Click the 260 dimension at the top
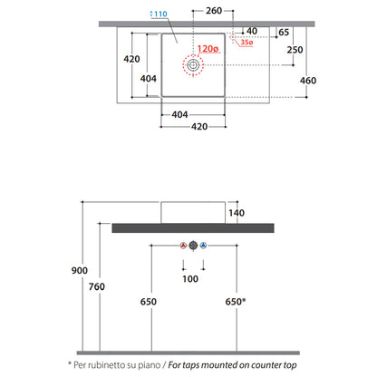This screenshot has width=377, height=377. [x=214, y=11]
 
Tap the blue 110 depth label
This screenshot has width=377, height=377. [x=159, y=14]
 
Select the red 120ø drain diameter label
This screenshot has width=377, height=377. [x=208, y=49]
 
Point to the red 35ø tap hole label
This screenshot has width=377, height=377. [x=246, y=43]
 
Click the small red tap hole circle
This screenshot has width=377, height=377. [x=233, y=37]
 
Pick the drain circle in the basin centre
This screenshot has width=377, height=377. [x=193, y=65]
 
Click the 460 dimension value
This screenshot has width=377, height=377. [x=308, y=81]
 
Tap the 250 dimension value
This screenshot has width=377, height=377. [x=295, y=50]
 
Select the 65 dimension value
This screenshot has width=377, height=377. [x=284, y=33]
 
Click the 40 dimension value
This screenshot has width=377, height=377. [x=252, y=31]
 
